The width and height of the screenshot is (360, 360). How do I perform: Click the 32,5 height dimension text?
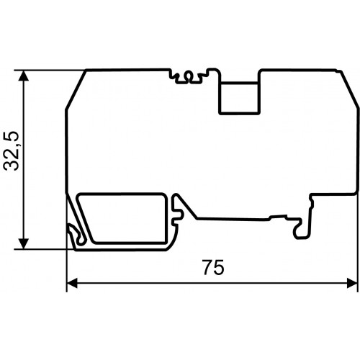pos(12,151)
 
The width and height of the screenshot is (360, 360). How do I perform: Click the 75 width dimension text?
pos(213,267)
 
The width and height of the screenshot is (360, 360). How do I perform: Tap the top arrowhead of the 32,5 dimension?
pos(24,76)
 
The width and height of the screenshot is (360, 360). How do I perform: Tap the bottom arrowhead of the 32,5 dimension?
pos(24,244)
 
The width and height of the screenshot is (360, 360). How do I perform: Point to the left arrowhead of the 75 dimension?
pos(72,284)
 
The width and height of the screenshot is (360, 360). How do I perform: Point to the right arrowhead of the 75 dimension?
pos(352,284)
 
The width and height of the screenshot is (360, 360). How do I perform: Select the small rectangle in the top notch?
pos(239,97)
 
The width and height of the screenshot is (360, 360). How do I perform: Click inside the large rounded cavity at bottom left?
pos(122,218)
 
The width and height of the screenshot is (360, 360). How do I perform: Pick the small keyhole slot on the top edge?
pos(189,76)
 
